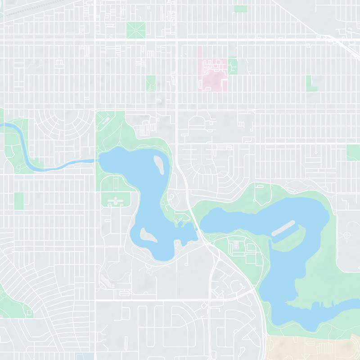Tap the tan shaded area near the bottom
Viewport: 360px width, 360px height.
pyautogui.click(x=310, y=346)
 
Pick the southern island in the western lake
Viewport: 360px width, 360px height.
pyautogui.click(x=147, y=234)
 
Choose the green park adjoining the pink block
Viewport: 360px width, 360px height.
pyautogui.click(x=233, y=66)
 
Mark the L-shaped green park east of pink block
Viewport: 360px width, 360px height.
pyautogui.click(x=310, y=82)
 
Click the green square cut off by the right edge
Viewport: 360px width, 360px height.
pyautogui.click(x=354, y=153)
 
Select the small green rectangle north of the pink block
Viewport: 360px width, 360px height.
pyautogui.click(x=241, y=9)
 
